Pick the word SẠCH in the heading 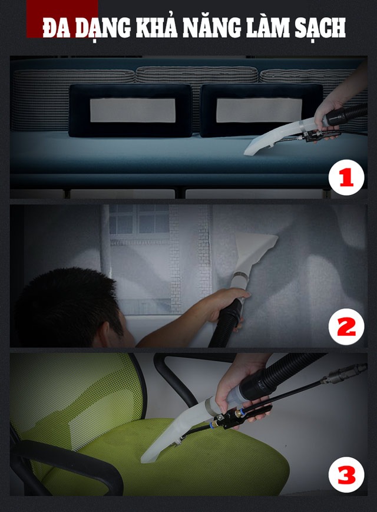(320, 28)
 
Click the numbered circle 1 (346, 177)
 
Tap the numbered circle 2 (346, 326)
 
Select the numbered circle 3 (346, 475)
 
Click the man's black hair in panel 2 (65, 303)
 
